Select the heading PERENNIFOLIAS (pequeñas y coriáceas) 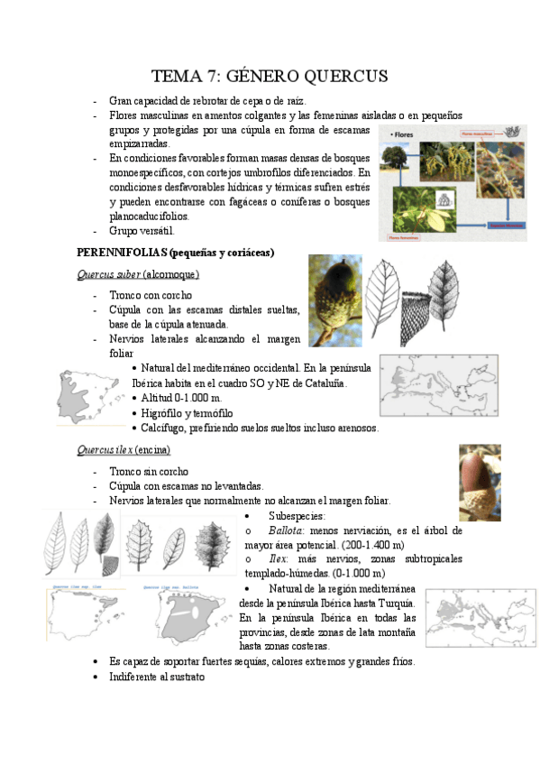tap(176, 252)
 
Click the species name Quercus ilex tap(105, 449)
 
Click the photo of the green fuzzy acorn tap(334, 299)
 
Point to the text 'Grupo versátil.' tap(149, 230)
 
